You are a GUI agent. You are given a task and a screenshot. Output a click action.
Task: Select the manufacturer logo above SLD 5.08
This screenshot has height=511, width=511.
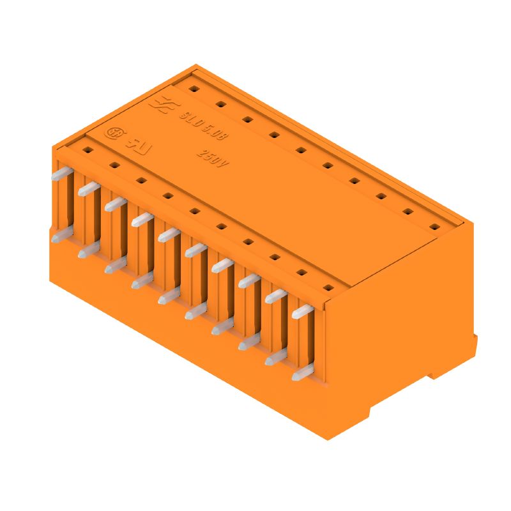[x=162, y=105]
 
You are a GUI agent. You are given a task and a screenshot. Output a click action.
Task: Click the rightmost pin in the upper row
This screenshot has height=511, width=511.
[x=302, y=312]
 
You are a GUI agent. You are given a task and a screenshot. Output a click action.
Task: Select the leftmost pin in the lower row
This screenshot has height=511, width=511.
[x=57, y=236]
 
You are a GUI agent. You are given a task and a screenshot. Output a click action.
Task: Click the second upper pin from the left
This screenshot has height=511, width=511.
[x=88, y=188]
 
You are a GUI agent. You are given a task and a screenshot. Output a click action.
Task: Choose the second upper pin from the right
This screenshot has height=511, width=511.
[x=276, y=296]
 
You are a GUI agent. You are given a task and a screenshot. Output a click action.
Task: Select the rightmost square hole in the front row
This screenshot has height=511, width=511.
[x=329, y=287]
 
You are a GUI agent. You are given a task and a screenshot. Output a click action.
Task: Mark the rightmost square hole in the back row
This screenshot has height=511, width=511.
[x=434, y=226]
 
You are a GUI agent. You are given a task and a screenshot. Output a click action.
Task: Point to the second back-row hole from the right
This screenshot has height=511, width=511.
[x=408, y=211]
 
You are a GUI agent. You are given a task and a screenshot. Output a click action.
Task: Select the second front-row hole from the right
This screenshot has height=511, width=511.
[x=302, y=272]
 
